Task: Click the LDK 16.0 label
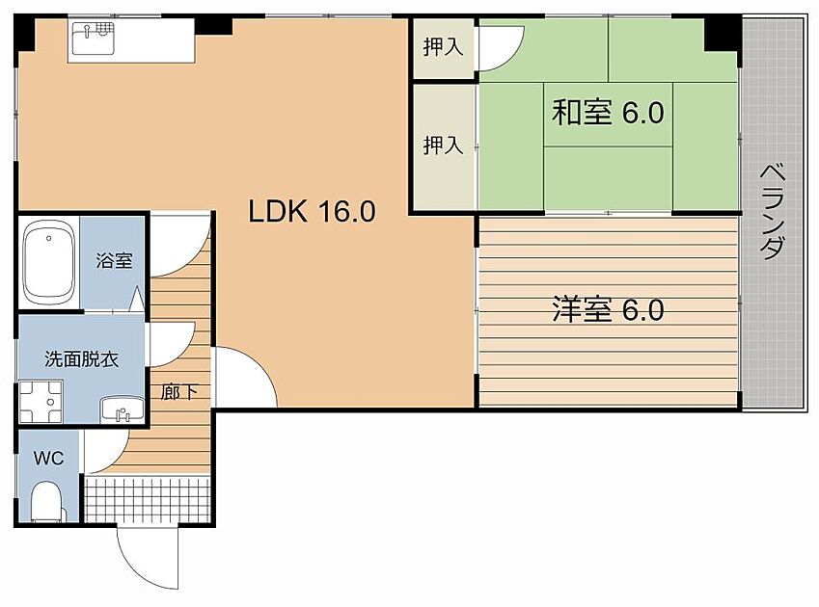(x=311, y=211)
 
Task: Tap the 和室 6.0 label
(x=607, y=114)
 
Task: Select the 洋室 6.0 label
(x=607, y=310)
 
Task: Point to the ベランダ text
(x=771, y=211)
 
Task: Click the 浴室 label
(x=114, y=260)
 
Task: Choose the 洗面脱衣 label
(x=82, y=359)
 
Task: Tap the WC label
(x=48, y=458)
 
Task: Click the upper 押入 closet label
(x=444, y=46)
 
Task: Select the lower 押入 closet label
(x=444, y=145)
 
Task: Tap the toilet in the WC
(x=45, y=501)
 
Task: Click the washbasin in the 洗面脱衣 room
(x=123, y=409)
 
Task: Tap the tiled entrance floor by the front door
(x=147, y=500)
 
